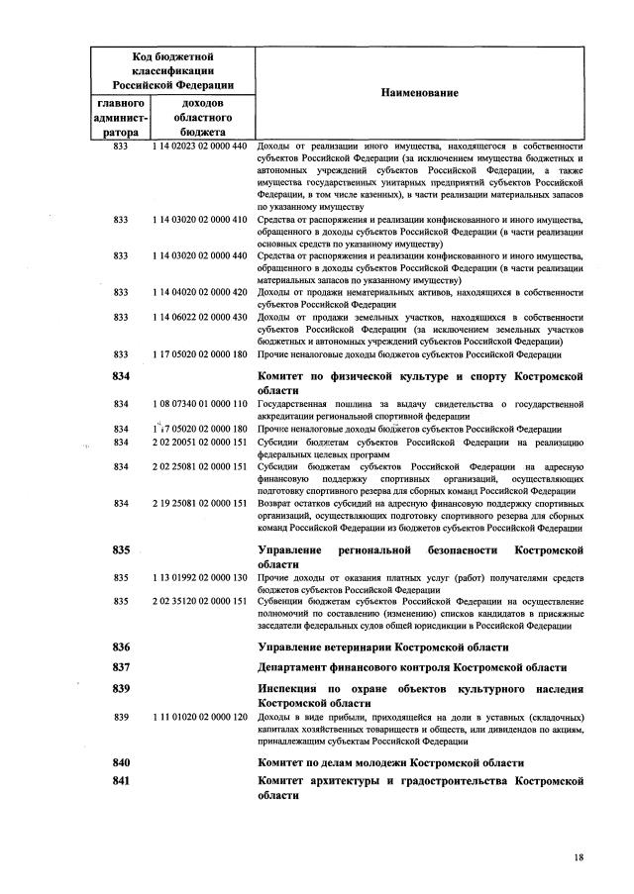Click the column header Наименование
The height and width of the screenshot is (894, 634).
[419, 92]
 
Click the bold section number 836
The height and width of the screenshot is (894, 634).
[122, 647]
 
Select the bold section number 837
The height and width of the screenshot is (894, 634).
[122, 668]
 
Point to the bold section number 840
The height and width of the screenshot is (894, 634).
[122, 762]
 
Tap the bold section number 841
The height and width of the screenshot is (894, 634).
[122, 782]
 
